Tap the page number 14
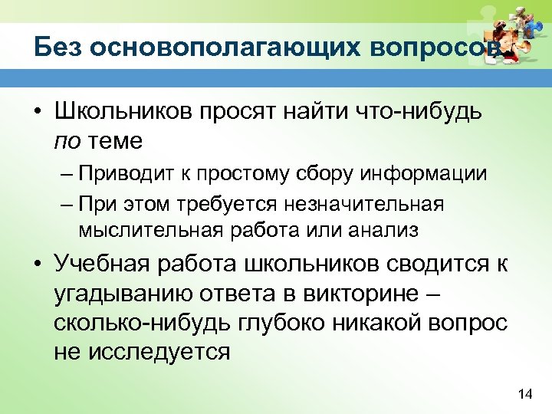click(x=525, y=394)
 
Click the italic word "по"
click(x=65, y=140)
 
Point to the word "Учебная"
click(x=101, y=264)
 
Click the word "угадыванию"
click(x=113, y=293)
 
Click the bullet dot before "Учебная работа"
click(x=36, y=265)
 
